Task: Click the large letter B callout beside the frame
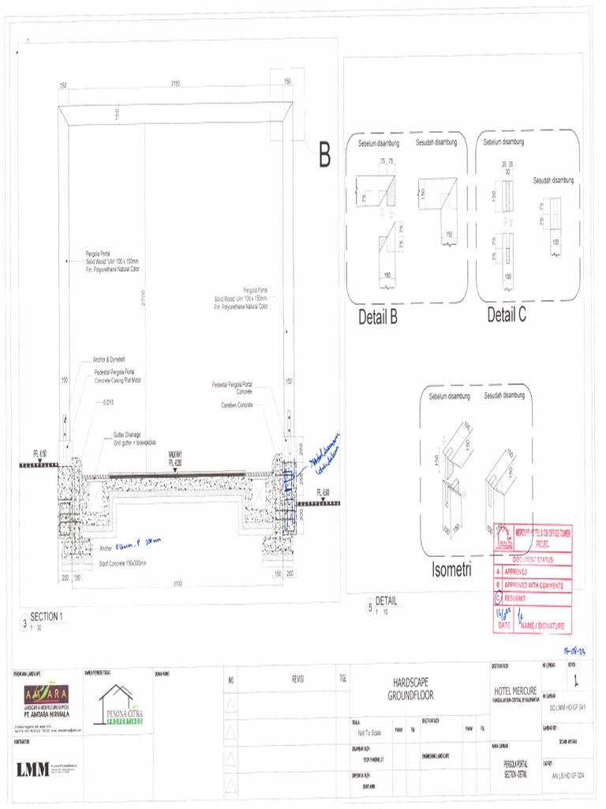(x=324, y=156)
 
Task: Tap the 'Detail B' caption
(x=377, y=318)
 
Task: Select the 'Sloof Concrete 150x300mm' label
(x=125, y=563)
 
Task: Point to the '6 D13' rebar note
(x=107, y=402)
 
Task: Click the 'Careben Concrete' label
(x=237, y=404)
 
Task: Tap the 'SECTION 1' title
(x=46, y=616)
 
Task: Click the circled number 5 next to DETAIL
(x=369, y=607)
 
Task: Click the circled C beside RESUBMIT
(x=497, y=598)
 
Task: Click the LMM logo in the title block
(x=32, y=769)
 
